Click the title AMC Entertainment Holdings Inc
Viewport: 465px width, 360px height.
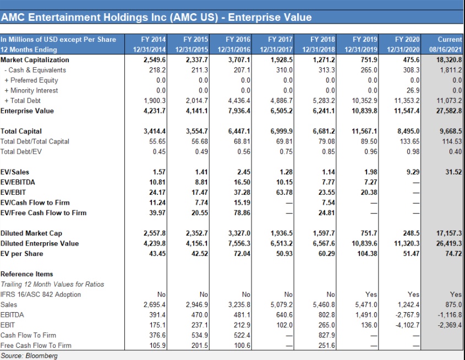pos(156,17)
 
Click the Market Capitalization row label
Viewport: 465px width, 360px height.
pos(35,59)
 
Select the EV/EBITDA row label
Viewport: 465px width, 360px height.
pos(18,182)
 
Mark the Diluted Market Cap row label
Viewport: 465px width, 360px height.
pos(31,233)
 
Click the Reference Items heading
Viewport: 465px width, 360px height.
pos(27,274)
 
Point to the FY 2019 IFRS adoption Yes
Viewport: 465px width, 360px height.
pos(371,294)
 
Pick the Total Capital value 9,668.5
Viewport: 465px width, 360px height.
pos(450,132)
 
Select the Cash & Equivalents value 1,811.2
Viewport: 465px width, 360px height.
pos(451,70)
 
